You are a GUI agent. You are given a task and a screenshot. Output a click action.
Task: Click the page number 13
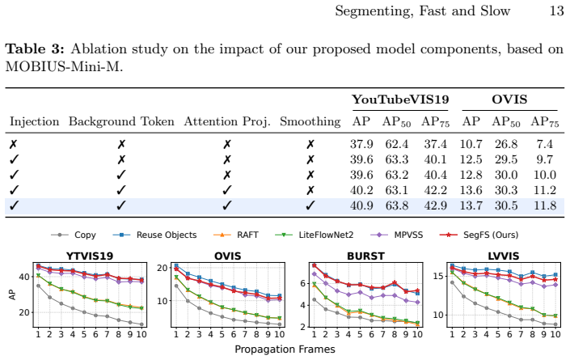point(556,11)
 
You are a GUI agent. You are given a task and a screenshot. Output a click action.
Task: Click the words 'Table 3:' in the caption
point(35,49)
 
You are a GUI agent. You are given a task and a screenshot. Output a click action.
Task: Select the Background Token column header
point(121,121)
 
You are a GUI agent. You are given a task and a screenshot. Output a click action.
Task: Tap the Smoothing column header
point(310,122)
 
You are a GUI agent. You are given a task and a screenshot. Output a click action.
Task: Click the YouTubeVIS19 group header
point(400,100)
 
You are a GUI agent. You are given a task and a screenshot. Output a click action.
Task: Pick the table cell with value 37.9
point(361,144)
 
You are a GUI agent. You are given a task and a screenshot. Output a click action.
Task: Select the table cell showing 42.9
point(435,205)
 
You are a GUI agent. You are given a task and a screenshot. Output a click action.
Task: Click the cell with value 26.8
point(506,144)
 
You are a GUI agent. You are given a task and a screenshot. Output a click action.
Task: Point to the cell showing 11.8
point(545,205)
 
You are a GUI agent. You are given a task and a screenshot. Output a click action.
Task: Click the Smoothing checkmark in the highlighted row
point(310,205)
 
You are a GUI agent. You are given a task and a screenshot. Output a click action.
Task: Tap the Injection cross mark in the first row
point(13,144)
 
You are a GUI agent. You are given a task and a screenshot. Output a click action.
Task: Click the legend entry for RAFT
point(236,235)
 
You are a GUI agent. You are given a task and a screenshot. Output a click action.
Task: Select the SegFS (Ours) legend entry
point(479,235)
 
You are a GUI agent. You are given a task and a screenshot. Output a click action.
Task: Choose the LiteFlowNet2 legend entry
point(315,235)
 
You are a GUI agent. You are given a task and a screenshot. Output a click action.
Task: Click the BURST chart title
point(365,256)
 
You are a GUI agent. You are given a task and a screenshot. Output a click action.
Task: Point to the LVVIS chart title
point(504,256)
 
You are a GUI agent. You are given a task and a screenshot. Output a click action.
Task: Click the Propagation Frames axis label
point(285,349)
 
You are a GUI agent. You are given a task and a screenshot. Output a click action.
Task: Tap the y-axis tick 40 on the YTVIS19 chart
point(24,277)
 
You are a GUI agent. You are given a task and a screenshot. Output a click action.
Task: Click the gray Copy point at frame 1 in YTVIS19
point(38,286)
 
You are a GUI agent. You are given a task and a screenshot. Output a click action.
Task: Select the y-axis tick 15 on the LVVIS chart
point(438,276)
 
